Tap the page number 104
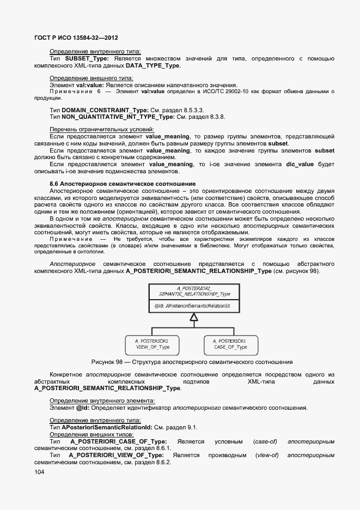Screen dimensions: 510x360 (x=40, y=472)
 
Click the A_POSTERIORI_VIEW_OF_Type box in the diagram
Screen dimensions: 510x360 (x=152, y=343)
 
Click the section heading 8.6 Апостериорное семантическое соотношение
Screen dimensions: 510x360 (x=122, y=184)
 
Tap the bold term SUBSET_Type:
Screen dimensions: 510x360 (x=87, y=58)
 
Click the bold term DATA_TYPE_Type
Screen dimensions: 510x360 (x=152, y=66)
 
